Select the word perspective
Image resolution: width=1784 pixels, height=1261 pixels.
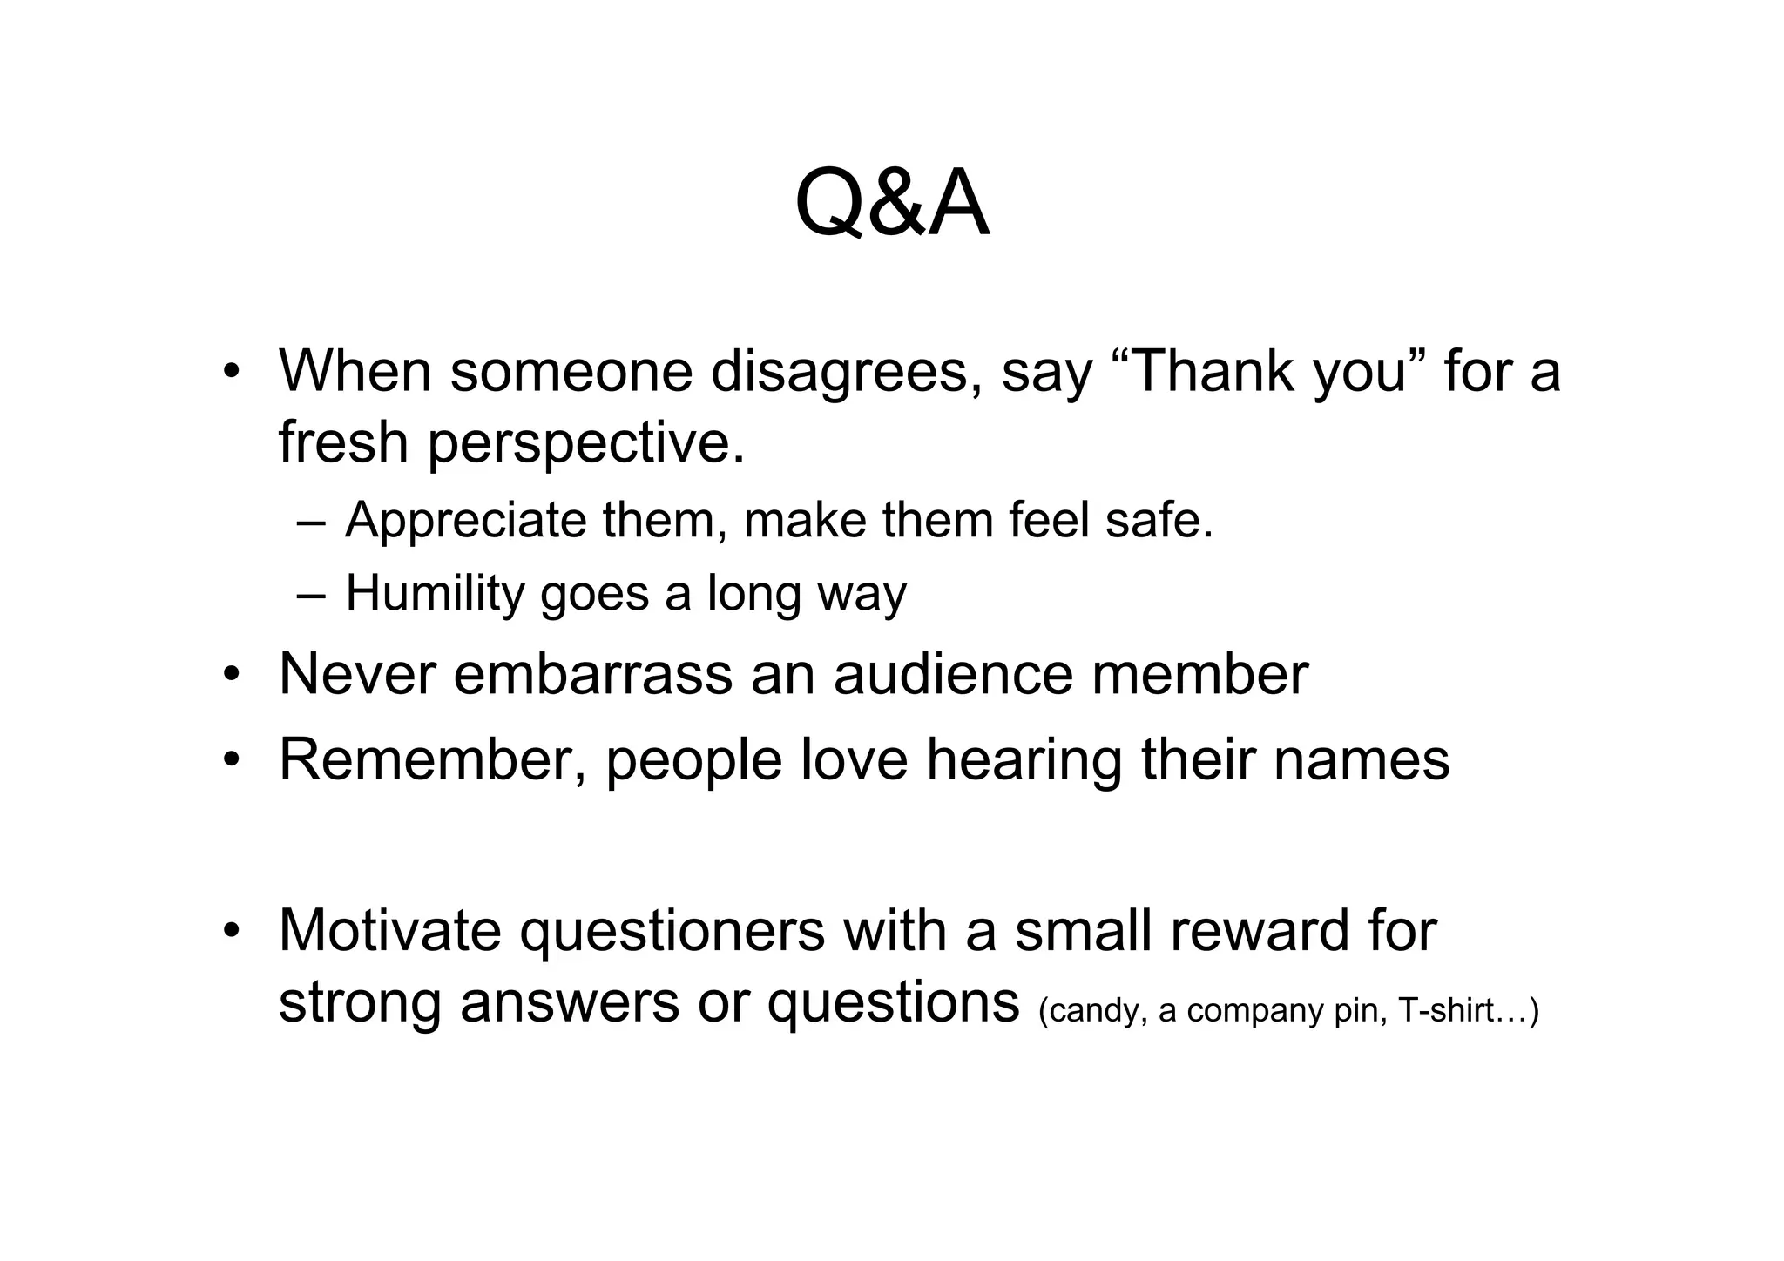click(585, 442)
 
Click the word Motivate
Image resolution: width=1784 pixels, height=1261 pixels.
click(389, 930)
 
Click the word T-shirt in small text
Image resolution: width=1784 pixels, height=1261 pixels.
click(1446, 1010)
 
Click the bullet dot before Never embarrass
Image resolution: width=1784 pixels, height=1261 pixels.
click(230, 675)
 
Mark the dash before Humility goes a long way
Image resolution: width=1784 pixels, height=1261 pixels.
click(311, 595)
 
